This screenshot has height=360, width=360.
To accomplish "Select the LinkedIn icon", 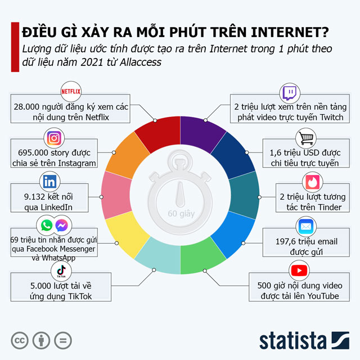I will pyautogui.click(x=48, y=182).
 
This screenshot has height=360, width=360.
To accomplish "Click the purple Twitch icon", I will pyautogui.click(x=290, y=92).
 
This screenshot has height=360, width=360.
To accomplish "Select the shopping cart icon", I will pyautogui.click(x=305, y=138).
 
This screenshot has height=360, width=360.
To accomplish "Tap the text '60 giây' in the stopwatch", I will pyautogui.click(x=179, y=214).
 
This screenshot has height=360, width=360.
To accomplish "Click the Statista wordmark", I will pyautogui.click(x=292, y=340).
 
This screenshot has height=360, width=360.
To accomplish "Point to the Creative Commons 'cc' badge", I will pyautogui.click(x=21, y=340).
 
